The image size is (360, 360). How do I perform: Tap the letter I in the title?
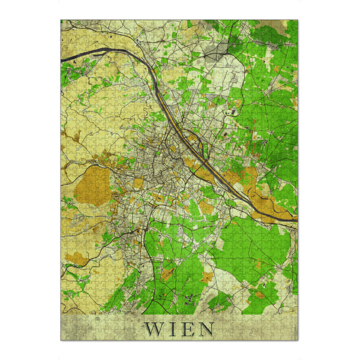(170, 329)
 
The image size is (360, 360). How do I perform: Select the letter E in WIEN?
(185, 329)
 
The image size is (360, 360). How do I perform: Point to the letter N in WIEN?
(205, 329)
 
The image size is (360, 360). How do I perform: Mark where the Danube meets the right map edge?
(296, 221)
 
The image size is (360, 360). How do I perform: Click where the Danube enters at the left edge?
(62, 59)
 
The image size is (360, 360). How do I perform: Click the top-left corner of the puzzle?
(61, 20)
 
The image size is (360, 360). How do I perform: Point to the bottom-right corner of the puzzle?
(298, 340)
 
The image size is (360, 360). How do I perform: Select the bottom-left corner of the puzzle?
(61, 340)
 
